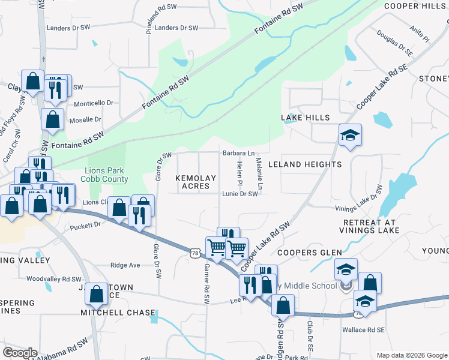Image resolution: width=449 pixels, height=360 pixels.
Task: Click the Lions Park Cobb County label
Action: pyautogui.click(x=106, y=175)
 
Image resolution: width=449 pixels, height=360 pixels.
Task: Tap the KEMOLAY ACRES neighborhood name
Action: pyautogui.click(x=193, y=182)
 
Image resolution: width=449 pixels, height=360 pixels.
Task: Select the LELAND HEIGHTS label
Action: pyautogui.click(x=304, y=164)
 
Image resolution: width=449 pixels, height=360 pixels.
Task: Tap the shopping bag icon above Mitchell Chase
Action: pyautogui.click(x=97, y=295)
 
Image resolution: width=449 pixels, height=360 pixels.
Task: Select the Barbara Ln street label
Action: pyautogui.click(x=239, y=153)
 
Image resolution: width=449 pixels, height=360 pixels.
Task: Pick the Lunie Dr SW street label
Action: pyautogui.click(x=240, y=194)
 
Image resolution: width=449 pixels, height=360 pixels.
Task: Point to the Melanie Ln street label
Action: pyautogui.click(x=259, y=174)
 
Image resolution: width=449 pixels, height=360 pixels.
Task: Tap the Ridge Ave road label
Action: pyautogui.click(x=125, y=265)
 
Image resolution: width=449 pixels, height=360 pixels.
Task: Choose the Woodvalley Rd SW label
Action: pyautogui.click(x=53, y=279)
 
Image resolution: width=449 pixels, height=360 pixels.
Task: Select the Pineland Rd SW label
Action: pyautogui.click(x=148, y=19)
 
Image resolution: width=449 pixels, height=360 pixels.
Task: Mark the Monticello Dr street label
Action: pyautogui.click(x=93, y=103)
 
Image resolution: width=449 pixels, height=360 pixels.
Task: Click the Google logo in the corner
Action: pyautogui.click(x=20, y=352)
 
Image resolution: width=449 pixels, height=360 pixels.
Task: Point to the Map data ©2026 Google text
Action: pyautogui.click(x=412, y=355)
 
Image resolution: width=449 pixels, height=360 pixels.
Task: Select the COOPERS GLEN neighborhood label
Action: pyautogui.click(x=309, y=253)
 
